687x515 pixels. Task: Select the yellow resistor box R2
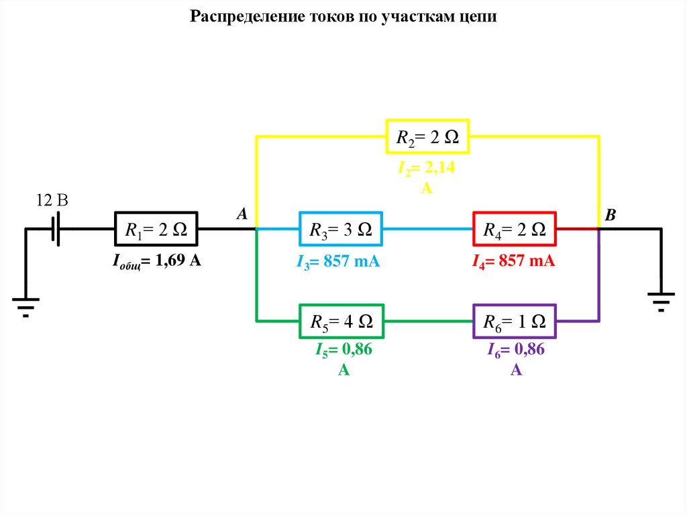(427, 137)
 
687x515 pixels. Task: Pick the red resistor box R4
(515, 230)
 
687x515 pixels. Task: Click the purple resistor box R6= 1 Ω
(515, 322)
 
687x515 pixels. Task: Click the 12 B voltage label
(52, 201)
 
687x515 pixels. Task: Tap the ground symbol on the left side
(25, 303)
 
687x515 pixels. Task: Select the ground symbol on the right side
(661, 299)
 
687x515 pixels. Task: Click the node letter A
(242, 214)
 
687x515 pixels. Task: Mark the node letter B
(610, 216)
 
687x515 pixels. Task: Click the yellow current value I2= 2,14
(426, 169)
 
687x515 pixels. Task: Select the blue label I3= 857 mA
(338, 261)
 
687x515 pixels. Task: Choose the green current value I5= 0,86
(343, 350)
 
